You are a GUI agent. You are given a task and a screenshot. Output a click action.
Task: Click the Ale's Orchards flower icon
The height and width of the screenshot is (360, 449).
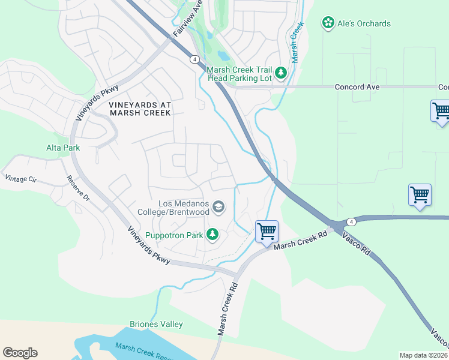tap(328, 23)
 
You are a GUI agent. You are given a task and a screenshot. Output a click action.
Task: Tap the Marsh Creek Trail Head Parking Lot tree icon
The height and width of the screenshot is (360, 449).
tap(280, 74)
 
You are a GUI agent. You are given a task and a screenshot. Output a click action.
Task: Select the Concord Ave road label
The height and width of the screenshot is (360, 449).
tap(357, 87)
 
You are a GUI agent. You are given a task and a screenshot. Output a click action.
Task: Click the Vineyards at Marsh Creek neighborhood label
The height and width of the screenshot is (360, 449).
tap(140, 108)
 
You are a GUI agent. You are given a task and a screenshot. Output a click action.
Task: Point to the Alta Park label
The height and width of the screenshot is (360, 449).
tap(63, 147)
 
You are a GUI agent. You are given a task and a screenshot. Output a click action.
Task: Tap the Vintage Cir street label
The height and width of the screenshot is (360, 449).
tap(20, 178)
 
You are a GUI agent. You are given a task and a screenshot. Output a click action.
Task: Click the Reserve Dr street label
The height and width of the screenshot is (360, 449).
tap(77, 188)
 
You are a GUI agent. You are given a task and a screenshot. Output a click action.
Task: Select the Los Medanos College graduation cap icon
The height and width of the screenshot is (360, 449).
tap(218, 208)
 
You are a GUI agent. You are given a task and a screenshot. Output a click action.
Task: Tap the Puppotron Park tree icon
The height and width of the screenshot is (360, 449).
tap(212, 234)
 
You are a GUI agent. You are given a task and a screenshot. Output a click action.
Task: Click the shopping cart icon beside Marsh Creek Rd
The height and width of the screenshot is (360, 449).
tap(267, 231)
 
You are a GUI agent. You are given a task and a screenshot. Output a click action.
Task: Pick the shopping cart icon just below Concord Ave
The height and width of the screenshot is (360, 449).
tap(441, 111)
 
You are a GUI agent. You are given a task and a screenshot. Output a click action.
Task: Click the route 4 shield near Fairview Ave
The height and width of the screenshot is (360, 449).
tap(194, 59)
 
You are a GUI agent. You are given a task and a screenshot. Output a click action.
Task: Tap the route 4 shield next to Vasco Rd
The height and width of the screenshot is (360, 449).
tap(351, 222)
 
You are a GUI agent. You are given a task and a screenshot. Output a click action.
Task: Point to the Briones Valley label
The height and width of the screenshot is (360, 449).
tap(156, 324)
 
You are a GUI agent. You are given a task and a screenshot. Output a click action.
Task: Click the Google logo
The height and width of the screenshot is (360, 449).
tap(20, 353)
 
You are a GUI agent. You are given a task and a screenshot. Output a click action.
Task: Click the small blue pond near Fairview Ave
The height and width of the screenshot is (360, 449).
tap(223, 56)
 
